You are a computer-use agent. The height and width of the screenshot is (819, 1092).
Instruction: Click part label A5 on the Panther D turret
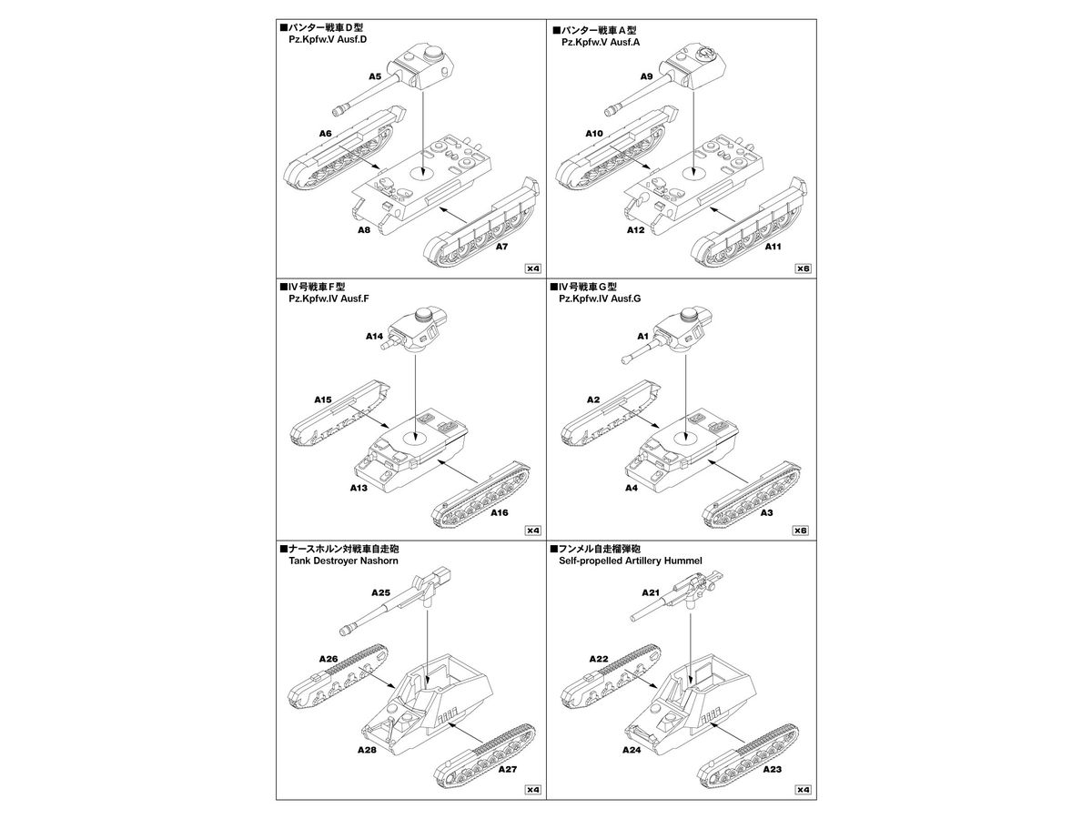point(375,76)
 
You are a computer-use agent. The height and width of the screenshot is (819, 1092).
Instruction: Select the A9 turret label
point(646,76)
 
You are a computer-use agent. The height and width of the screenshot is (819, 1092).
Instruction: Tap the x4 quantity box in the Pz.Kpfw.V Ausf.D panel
point(533,268)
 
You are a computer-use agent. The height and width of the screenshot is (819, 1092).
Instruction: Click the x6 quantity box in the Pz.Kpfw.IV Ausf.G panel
point(800,531)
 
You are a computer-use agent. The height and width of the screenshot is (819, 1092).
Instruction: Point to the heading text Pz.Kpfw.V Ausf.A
point(601,42)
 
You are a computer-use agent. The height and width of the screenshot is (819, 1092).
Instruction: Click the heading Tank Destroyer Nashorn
point(343,561)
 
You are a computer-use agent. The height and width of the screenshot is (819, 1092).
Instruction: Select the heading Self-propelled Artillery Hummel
point(631,561)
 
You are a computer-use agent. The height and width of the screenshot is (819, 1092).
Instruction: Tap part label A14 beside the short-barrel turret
point(374,336)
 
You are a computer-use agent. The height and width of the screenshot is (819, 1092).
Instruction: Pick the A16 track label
point(499,512)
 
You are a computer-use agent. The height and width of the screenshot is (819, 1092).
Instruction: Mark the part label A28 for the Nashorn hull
point(367,750)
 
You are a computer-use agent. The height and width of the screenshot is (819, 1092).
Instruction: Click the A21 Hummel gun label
point(651,592)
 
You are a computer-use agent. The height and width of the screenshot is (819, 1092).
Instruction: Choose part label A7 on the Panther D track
point(501,247)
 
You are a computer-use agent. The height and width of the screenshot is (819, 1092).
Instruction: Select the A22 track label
point(599,659)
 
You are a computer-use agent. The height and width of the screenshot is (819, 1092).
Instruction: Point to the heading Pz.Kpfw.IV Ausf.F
point(329,298)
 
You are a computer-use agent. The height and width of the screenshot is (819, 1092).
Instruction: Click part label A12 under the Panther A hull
point(635,230)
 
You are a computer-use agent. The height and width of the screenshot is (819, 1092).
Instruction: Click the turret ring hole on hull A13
point(415,438)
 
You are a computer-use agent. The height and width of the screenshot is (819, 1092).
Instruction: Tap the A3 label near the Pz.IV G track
point(766,512)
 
